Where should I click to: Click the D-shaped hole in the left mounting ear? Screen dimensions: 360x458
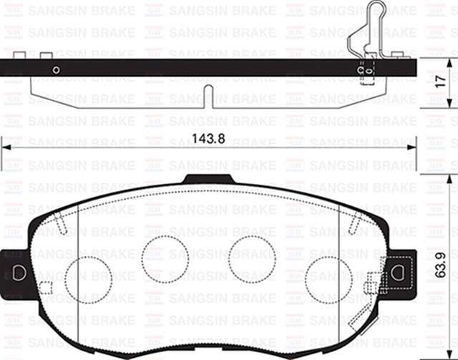19,273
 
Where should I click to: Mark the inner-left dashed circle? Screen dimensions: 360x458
164,258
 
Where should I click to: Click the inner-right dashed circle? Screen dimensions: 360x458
252,258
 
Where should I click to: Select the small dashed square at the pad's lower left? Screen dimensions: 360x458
45,288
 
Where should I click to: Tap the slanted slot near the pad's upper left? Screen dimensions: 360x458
62,224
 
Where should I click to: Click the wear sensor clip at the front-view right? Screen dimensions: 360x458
372,286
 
